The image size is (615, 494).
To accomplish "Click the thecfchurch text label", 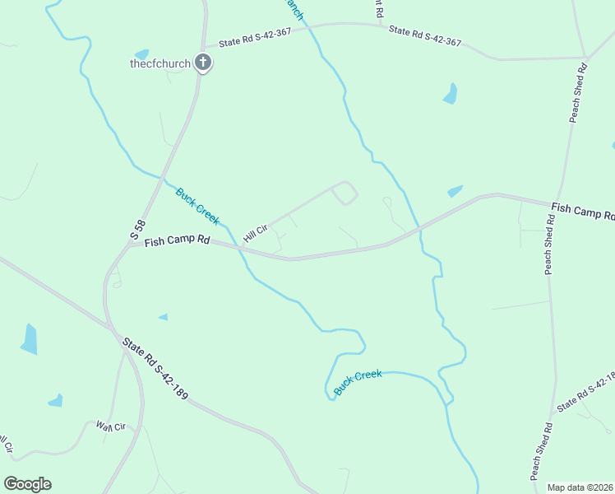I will tap(160, 63).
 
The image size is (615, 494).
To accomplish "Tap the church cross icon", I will tap(202, 63).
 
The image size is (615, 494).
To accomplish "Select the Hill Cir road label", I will tap(256, 232).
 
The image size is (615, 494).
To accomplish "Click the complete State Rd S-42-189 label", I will tap(155, 369).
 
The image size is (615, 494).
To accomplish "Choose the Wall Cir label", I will tap(109, 426).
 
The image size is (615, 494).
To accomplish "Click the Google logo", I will tap(27, 484).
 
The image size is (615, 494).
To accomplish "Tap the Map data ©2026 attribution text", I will tap(580, 487).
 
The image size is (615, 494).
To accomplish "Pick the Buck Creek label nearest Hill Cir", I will tap(197, 206).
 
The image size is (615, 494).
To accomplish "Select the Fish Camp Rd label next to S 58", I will tap(177, 242).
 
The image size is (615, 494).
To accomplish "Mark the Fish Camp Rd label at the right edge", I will tap(582, 212).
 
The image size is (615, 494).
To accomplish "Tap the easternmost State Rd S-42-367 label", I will tap(424, 36).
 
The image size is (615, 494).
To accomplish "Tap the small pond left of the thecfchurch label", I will tap(141, 54).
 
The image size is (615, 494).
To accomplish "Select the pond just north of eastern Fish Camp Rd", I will tap(455, 192).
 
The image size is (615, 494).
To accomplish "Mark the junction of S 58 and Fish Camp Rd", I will tap(129, 244).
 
